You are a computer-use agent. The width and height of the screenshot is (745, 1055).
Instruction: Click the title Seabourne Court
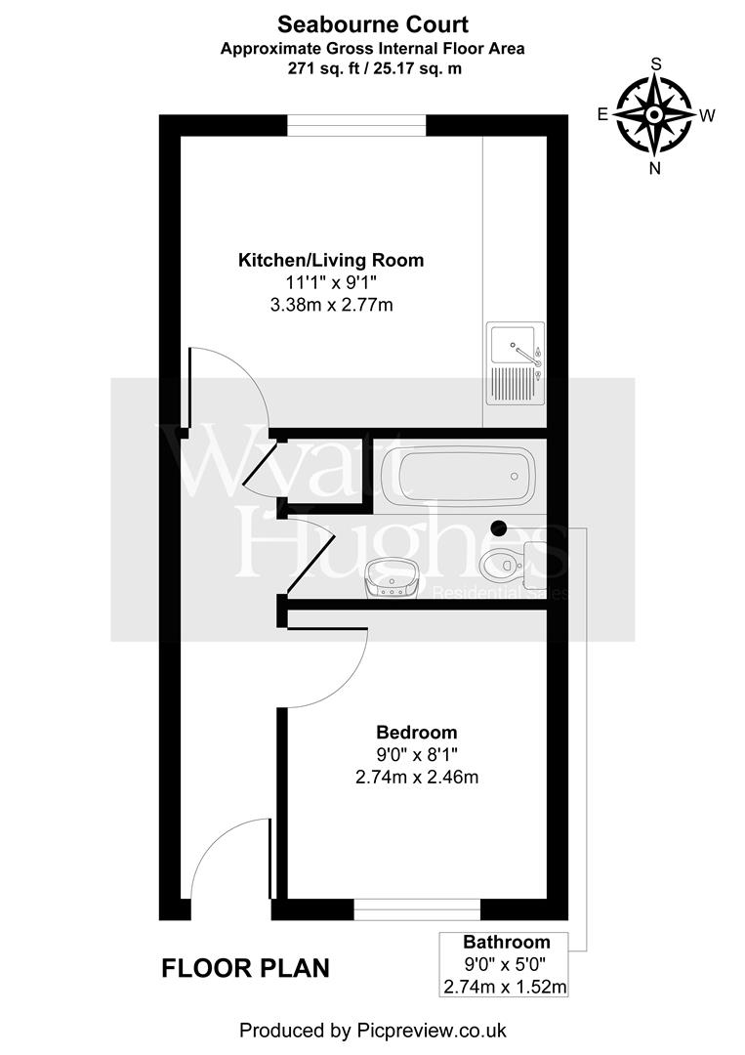372,22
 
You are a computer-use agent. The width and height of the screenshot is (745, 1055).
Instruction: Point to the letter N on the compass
655,167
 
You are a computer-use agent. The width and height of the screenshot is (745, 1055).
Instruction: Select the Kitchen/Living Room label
331,260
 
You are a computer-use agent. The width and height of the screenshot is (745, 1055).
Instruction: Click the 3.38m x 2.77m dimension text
331,306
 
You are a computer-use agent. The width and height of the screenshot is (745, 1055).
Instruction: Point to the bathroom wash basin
393,579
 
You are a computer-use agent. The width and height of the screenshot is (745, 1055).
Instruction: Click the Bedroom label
417,732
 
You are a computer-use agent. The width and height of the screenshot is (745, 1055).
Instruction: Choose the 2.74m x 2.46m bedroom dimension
417,778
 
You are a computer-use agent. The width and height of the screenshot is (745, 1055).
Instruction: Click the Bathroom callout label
506,943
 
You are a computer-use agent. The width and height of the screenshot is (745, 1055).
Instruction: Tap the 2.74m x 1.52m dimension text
505,987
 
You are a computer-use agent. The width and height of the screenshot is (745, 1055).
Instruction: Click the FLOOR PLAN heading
245,968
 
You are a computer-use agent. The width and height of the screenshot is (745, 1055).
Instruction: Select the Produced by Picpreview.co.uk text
372,1030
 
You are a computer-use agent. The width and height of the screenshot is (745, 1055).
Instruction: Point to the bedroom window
417,909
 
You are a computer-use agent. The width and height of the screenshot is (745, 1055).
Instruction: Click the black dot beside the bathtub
500,527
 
